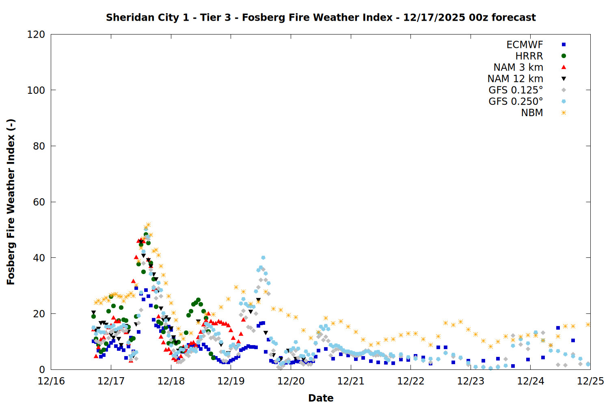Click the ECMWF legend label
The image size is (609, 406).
(525, 45)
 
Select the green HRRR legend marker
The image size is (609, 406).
(564, 56)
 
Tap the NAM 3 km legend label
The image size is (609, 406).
(518, 67)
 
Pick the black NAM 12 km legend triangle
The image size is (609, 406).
(564, 79)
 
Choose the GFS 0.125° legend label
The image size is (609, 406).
(516, 90)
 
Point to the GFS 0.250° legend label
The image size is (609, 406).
(516, 101)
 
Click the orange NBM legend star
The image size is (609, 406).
(564, 113)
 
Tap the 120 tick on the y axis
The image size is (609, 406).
(36, 35)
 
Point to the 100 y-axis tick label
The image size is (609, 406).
(36, 90)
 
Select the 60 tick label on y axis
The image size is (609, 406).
(39, 202)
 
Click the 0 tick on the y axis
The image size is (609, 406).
(42, 369)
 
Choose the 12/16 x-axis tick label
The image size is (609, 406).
(51, 381)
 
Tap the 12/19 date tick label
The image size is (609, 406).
(231, 381)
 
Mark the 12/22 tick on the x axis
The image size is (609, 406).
(411, 381)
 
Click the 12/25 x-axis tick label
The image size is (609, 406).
(590, 381)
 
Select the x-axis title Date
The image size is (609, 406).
(321, 398)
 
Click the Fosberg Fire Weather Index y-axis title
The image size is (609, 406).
(11, 202)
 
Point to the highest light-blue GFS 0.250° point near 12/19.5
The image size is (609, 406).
(263, 258)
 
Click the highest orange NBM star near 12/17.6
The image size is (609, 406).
(148, 225)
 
